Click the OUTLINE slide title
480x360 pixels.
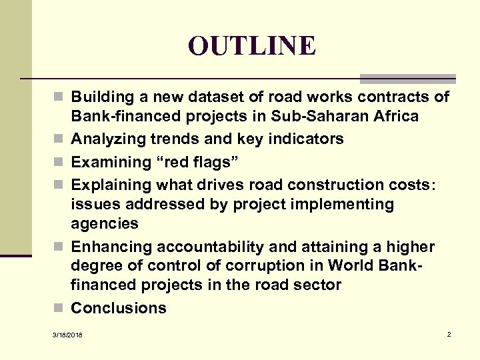[251, 45]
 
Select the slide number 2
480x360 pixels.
[449, 333]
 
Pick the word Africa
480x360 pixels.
[396, 117]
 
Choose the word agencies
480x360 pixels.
[105, 223]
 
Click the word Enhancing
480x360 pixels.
[111, 247]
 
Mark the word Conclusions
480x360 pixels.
[119, 308]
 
